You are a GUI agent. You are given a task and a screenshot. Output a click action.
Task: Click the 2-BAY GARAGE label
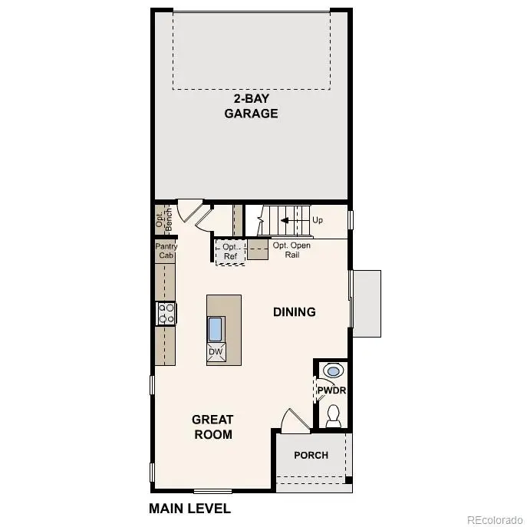[x=251, y=106]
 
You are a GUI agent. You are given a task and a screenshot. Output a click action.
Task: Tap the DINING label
[x=295, y=311]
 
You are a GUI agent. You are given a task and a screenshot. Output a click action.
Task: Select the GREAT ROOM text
[x=212, y=427]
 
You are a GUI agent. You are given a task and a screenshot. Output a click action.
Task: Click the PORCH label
[x=311, y=455]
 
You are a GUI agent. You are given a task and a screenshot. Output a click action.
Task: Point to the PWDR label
[x=332, y=390]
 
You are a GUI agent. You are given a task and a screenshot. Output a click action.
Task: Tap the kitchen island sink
[x=215, y=328]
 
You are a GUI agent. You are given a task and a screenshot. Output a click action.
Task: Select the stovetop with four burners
[x=166, y=312]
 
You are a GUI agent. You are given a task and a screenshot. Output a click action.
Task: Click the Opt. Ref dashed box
[x=230, y=252]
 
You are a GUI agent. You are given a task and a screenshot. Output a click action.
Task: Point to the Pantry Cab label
[x=166, y=251]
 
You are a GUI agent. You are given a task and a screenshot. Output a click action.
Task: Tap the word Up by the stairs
[x=318, y=219]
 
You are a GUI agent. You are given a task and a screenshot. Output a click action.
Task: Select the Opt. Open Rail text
[x=291, y=249]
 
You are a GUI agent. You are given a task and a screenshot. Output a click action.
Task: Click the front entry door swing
[x=295, y=420]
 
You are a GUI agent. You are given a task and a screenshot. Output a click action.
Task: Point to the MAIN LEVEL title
[x=189, y=508]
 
